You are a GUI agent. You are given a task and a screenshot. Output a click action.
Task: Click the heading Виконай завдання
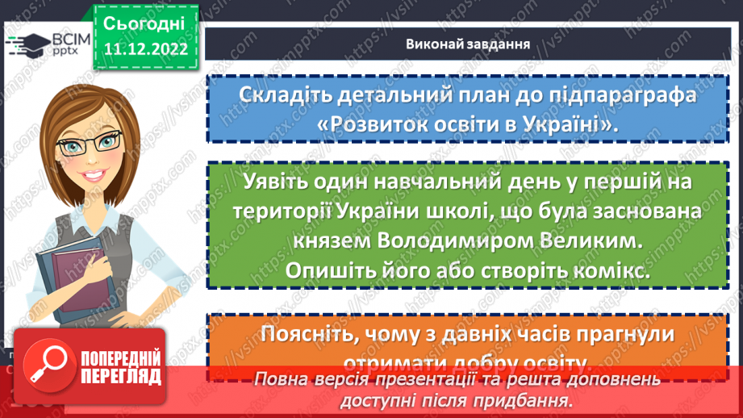click(x=468, y=44)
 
